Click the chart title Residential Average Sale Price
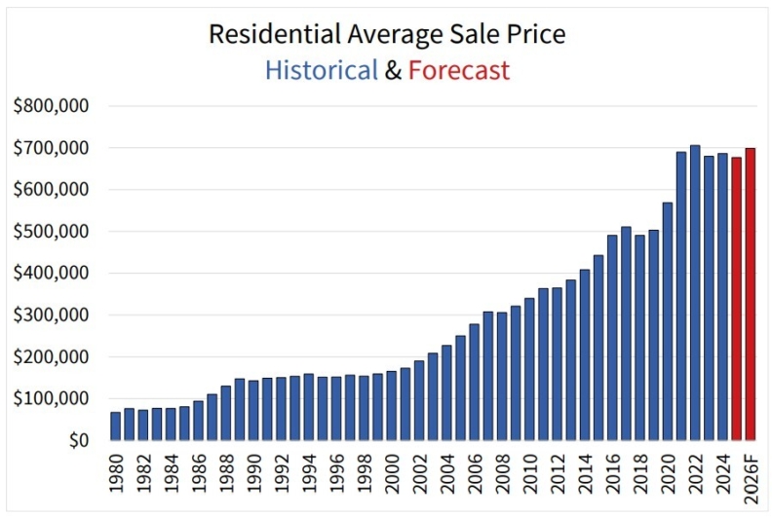tap(387, 34)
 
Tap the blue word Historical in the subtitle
tap(321, 70)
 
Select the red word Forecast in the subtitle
tap(458, 70)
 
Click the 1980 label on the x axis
tap(116, 477)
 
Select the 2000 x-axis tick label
tap(392, 477)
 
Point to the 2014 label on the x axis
tap(585, 477)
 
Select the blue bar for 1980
tap(116, 426)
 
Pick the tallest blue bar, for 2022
tap(695, 293)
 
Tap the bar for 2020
tap(668, 321)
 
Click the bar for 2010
tap(529, 369)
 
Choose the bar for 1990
tap(253, 410)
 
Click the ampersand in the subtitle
tap(393, 70)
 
